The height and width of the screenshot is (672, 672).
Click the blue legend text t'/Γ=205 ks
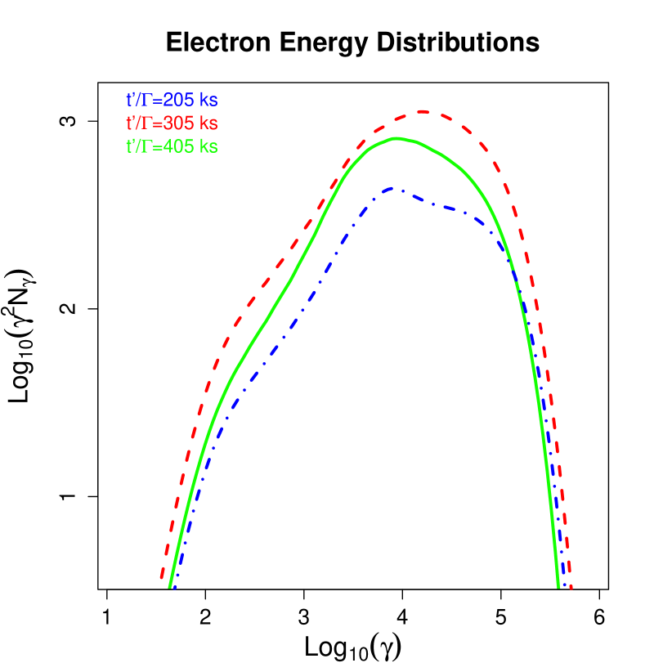click(x=172, y=100)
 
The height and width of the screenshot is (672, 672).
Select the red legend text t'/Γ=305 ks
click(x=172, y=123)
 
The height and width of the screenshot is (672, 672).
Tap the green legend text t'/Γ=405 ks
click(x=172, y=147)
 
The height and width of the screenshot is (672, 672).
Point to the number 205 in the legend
click(x=178, y=100)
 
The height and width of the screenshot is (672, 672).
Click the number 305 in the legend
click(x=178, y=123)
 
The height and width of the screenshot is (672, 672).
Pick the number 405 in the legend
click(x=178, y=147)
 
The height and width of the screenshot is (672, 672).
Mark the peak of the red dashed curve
click(x=423, y=111)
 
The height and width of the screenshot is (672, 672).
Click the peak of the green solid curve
click(x=396, y=138)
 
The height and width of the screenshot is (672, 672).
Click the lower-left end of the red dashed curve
click(x=162, y=579)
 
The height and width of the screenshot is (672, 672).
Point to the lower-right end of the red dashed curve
click(x=570, y=587)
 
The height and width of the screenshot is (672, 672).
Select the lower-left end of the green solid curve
click(x=170, y=586)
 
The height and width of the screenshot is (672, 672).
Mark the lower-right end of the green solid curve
click(x=558, y=586)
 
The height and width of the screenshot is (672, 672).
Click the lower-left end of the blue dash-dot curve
click(x=175, y=586)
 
